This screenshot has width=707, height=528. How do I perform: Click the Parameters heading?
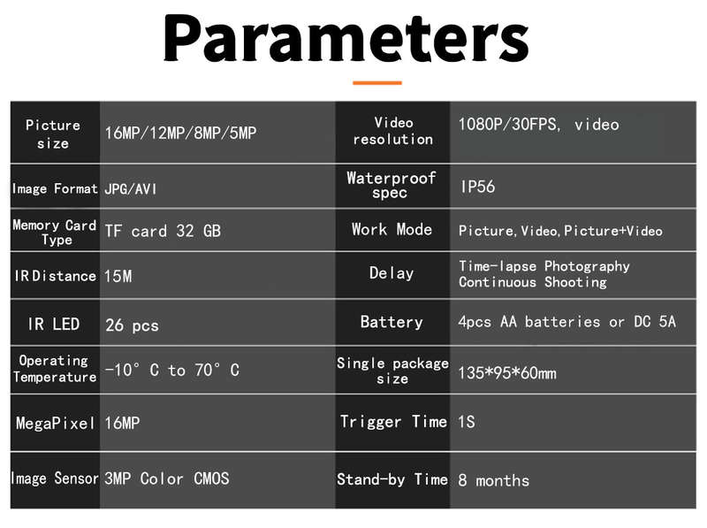(346, 38)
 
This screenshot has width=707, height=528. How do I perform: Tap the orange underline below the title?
(377, 82)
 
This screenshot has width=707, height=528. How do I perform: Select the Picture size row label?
(53, 134)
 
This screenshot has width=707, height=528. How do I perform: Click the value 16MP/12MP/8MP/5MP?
(180, 133)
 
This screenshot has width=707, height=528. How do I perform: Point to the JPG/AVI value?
(130, 188)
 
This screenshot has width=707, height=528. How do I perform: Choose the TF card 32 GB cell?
(163, 231)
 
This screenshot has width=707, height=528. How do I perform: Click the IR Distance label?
(55, 276)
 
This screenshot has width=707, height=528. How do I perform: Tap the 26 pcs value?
(132, 325)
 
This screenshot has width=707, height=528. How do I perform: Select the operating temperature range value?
(171, 370)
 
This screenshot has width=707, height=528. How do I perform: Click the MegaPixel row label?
(55, 424)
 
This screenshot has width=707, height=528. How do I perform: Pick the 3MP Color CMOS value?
(167, 478)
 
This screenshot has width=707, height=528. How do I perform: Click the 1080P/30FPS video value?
(539, 125)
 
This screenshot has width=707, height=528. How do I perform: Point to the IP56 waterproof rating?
(477, 187)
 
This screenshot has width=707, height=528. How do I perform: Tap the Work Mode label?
(392, 230)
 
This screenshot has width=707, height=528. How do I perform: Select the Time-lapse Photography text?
(544, 266)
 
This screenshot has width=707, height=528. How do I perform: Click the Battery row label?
(392, 322)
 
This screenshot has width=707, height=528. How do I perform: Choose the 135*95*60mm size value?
(507, 373)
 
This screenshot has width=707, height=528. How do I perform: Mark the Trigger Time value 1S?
(467, 422)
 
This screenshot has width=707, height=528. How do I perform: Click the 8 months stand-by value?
(494, 480)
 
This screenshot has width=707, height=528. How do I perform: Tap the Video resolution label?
(393, 131)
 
